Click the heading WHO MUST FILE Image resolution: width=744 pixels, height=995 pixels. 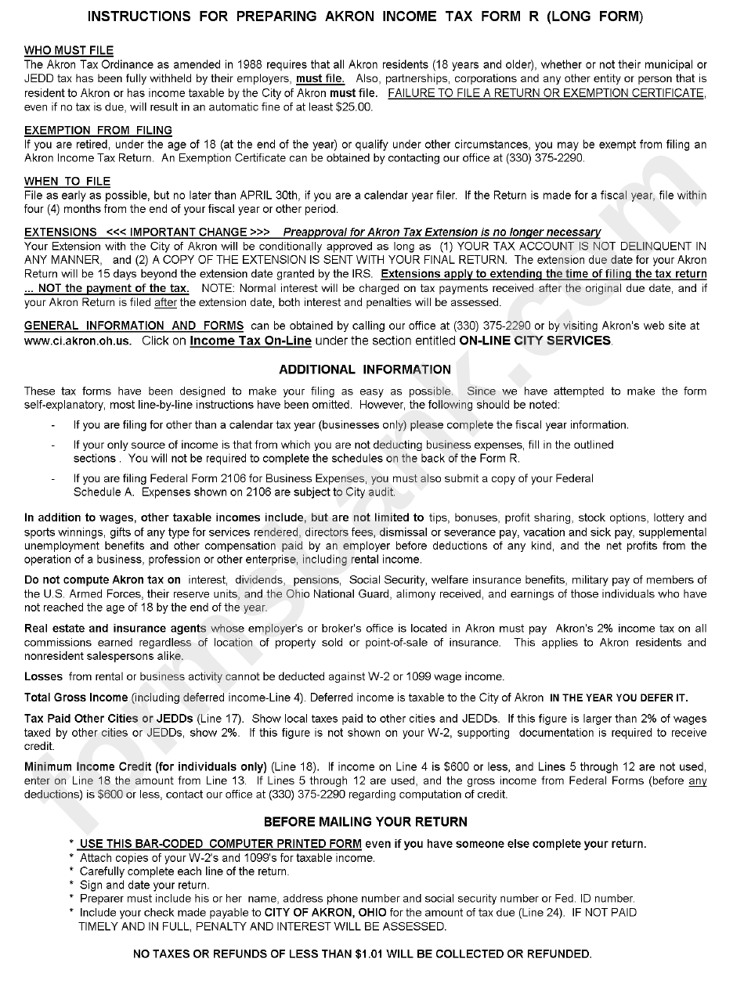[68, 51]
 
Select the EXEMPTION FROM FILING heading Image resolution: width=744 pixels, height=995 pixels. [98, 130]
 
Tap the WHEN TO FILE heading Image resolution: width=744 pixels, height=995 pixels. [67, 182]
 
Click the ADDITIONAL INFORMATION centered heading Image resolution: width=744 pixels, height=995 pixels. [365, 369]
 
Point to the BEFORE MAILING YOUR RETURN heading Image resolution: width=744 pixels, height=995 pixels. [365, 822]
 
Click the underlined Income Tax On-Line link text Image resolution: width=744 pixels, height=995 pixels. [251, 341]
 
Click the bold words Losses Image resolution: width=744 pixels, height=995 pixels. [43, 677]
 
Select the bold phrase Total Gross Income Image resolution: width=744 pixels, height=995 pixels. [75, 698]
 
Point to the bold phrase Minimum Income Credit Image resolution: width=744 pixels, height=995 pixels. [86, 767]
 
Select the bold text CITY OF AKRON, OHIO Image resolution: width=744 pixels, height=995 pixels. [331, 913]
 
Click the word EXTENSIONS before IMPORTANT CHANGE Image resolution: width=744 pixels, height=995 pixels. [60, 233]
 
